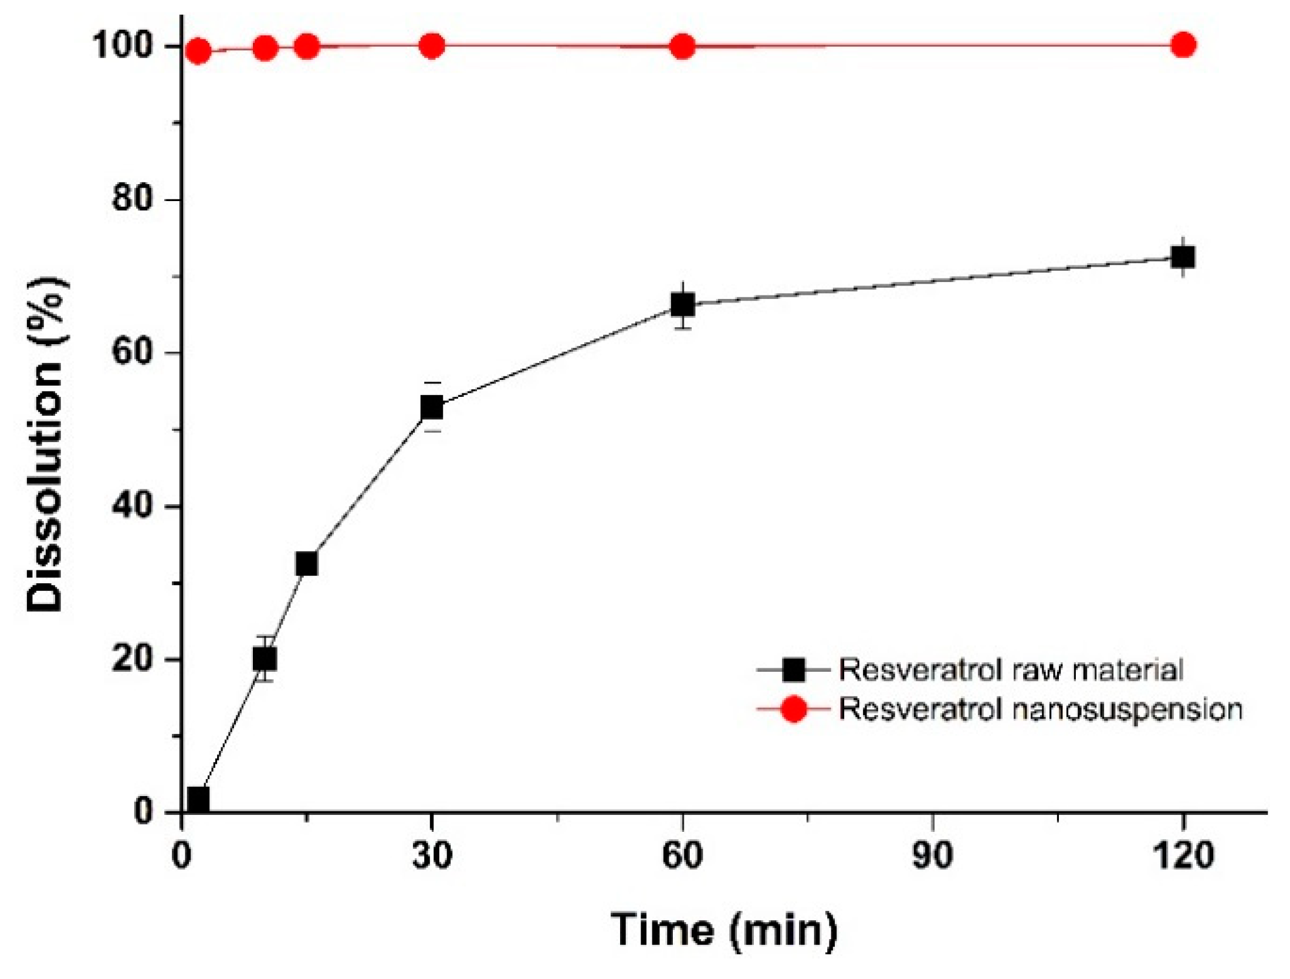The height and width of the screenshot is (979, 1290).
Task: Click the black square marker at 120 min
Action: click(1182, 257)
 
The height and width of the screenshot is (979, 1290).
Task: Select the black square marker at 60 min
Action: click(682, 305)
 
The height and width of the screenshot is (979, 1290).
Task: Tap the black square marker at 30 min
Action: click(432, 407)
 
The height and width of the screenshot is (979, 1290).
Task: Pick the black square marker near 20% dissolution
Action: click(265, 658)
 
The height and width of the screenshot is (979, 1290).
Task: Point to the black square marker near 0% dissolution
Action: click(198, 798)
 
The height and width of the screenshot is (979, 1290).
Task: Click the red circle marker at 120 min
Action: click(1183, 45)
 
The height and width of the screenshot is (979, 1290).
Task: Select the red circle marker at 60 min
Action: click(682, 46)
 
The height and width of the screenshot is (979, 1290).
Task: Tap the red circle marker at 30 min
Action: click(432, 46)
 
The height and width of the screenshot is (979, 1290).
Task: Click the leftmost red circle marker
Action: click(198, 51)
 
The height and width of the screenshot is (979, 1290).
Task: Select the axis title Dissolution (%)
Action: click(46, 444)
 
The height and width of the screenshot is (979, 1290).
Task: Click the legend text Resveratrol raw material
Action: click(1010, 669)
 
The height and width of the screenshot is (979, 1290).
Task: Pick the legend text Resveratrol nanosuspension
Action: click(1040, 709)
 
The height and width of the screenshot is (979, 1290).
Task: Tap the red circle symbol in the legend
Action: click(793, 709)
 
